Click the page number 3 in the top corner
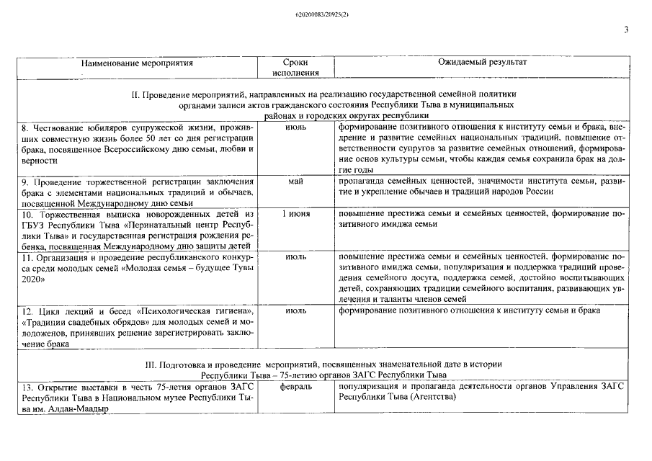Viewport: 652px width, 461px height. tap(626, 30)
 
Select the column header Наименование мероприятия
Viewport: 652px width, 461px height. tap(137, 63)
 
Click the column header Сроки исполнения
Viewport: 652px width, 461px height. tap(295, 68)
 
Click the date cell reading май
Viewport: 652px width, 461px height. tap(295, 182)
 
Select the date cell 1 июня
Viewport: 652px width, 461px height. tap(295, 215)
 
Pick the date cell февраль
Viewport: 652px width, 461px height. tap(295, 388)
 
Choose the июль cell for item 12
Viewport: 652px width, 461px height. tap(295, 310)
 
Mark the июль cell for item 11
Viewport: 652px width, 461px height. tap(295, 256)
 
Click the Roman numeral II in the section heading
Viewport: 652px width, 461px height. tap(136, 95)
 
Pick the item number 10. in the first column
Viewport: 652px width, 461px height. tap(27, 215)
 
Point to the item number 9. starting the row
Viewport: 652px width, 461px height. tap(25, 182)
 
